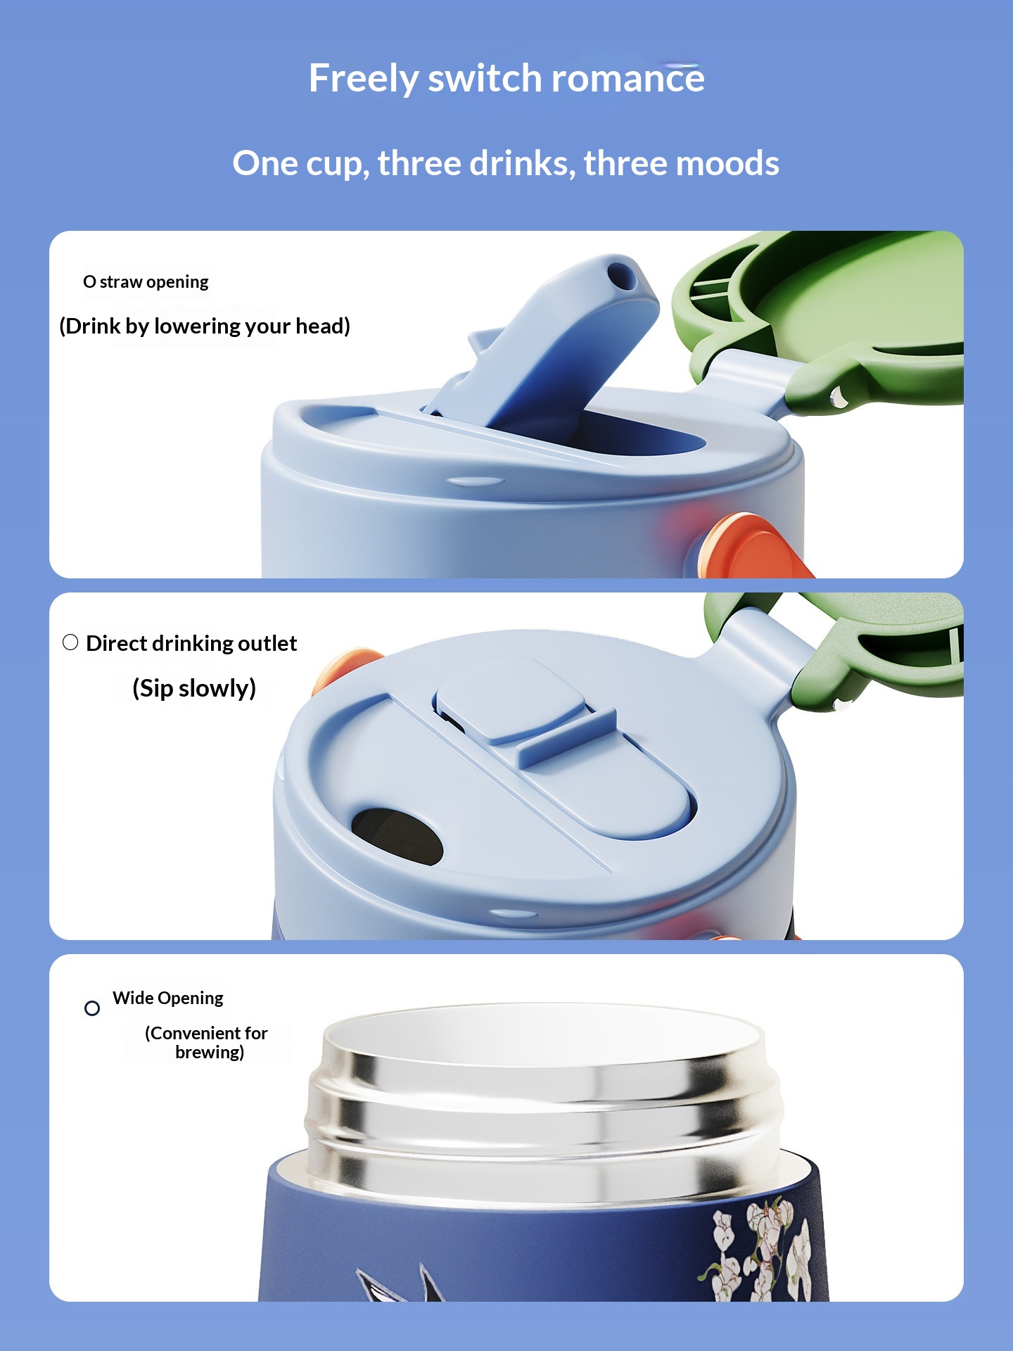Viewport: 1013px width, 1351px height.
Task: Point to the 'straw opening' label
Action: tap(154, 282)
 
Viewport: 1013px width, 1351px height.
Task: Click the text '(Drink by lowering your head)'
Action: tap(205, 326)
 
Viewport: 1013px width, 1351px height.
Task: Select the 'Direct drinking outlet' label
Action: tap(191, 643)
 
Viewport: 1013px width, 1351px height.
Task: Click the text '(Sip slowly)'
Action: tap(194, 688)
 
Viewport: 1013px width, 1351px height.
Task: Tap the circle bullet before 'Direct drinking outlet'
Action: tap(70, 642)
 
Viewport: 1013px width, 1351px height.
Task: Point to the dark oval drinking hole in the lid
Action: tap(397, 836)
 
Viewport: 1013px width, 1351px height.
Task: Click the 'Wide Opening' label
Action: tap(168, 998)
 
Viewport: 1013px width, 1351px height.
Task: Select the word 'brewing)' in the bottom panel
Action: tap(210, 1052)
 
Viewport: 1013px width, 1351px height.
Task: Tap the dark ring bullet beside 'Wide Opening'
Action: tap(92, 1008)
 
